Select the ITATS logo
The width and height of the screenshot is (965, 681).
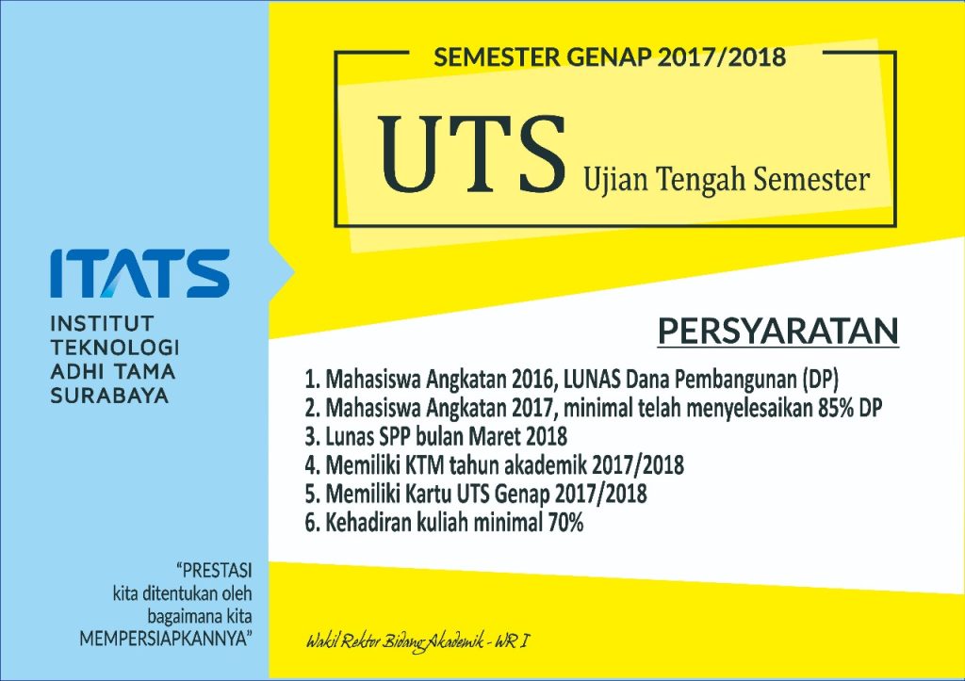click(139, 273)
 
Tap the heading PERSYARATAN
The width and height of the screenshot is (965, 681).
click(777, 332)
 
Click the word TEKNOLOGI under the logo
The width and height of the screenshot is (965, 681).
click(114, 348)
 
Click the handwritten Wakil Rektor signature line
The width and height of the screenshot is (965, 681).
click(420, 643)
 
